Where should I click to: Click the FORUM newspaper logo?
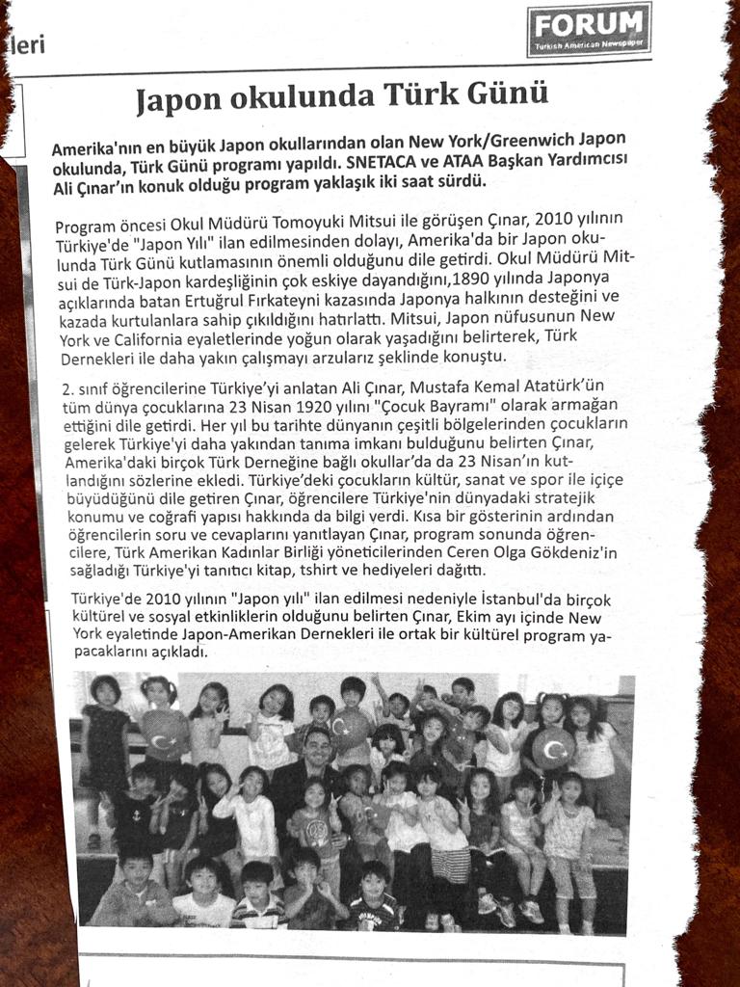pyautogui.click(x=589, y=28)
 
